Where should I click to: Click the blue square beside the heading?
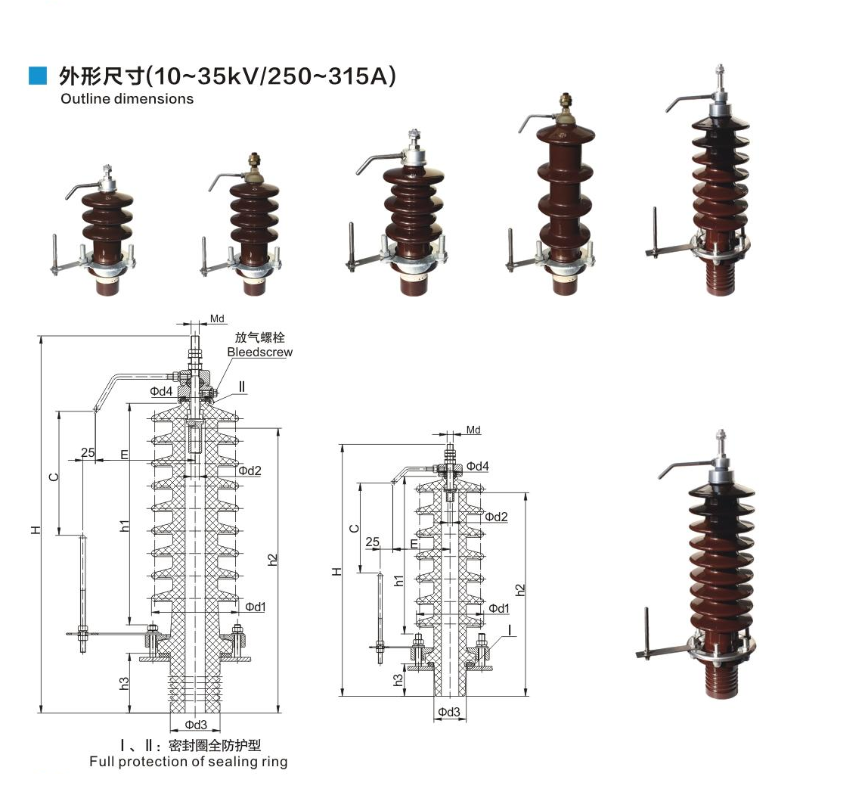[37, 76]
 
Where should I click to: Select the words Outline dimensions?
[126, 98]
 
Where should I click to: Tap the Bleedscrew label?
[259, 352]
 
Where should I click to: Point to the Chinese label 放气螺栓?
[259, 337]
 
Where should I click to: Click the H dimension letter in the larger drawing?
[36, 529]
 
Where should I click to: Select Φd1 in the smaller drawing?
[498, 608]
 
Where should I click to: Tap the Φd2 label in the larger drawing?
[249, 470]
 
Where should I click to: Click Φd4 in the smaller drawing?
[477, 466]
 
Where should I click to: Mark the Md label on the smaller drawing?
[473, 430]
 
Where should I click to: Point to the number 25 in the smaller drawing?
[372, 542]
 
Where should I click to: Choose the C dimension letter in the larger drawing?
[53, 477]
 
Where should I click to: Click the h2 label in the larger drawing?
[273, 560]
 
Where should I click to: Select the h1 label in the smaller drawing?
[398, 580]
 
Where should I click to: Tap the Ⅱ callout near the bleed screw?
[242, 387]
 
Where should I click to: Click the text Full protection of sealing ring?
[188, 762]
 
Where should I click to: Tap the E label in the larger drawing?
[124, 455]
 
